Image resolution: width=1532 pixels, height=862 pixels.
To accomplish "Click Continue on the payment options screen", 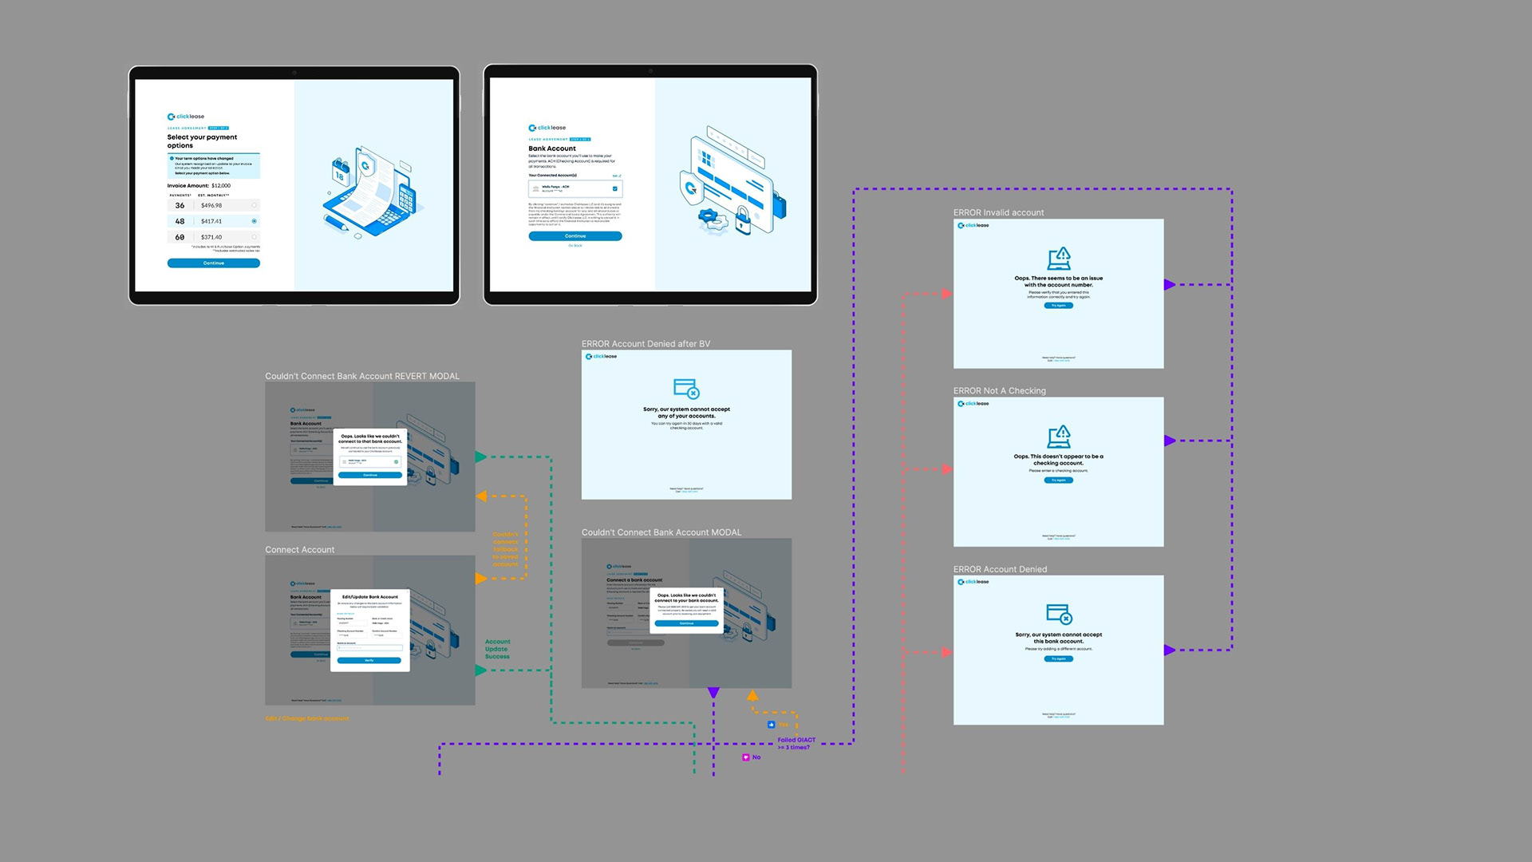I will [213, 263].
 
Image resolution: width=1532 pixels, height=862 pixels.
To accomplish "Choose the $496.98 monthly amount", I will [212, 205].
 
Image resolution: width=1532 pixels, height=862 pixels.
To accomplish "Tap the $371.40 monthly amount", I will [212, 237].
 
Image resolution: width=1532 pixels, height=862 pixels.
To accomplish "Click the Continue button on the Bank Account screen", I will [574, 236].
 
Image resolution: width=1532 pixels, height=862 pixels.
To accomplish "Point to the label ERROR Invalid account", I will [998, 212].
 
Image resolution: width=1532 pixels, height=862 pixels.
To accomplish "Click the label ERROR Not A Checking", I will [999, 390].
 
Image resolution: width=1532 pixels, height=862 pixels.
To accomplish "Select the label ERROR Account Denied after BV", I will [646, 344].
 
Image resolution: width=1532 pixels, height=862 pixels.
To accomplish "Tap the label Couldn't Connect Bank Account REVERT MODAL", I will [362, 376].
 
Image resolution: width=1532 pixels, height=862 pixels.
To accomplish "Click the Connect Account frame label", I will [300, 550].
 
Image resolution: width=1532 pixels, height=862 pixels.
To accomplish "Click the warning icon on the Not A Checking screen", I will [1059, 437].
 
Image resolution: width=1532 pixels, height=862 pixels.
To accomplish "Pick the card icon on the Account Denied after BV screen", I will [686, 389].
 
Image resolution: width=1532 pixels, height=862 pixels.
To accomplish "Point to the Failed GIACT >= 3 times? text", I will [796, 744].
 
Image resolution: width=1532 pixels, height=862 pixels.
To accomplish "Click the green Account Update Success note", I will [497, 649].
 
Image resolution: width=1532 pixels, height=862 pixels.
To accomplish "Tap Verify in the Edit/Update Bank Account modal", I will [369, 661].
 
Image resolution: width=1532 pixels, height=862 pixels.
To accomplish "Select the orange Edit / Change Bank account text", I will [307, 718].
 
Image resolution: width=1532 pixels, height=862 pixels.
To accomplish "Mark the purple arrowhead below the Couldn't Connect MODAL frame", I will [713, 693].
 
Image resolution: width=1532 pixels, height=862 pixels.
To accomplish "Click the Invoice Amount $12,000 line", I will [199, 185].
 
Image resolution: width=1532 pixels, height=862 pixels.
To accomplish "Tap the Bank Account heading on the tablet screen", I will [552, 148].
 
